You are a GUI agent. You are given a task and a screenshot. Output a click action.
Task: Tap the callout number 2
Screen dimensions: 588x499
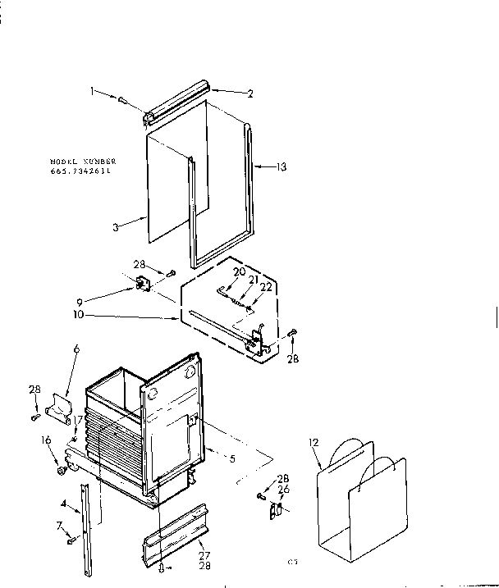click(x=250, y=93)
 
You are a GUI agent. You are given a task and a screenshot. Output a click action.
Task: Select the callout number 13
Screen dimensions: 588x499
click(x=282, y=167)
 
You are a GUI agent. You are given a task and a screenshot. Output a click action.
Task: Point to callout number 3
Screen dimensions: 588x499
click(x=117, y=227)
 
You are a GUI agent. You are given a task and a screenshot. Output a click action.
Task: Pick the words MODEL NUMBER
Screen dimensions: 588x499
click(x=83, y=162)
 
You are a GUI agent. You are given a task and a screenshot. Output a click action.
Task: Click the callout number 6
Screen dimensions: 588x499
click(x=76, y=349)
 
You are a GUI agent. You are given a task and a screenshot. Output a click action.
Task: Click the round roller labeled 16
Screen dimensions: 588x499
click(x=61, y=472)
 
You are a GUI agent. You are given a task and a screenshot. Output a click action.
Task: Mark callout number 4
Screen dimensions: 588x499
click(x=64, y=504)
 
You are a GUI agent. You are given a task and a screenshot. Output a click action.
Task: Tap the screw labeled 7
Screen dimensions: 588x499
click(x=71, y=540)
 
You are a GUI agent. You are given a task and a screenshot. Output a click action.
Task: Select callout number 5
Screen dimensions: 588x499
click(x=233, y=459)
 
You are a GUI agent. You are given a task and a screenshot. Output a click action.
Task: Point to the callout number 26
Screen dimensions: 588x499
click(x=283, y=490)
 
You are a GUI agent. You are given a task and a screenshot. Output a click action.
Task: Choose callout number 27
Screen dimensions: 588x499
click(x=203, y=555)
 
